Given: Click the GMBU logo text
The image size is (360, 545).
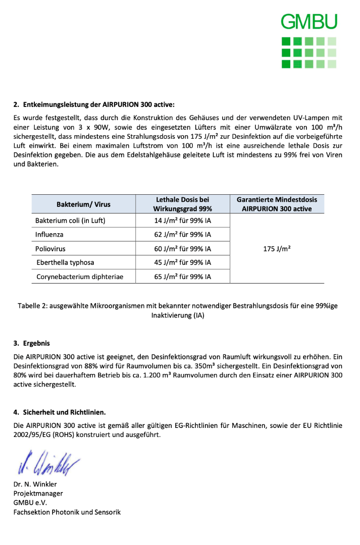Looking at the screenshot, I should pos(308,22).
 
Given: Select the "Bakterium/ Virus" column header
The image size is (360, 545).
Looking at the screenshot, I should pos(83,204).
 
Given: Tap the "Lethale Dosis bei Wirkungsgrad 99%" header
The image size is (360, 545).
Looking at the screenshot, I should pos(182,204).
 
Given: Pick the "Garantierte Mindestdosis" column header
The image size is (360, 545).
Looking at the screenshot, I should pos(277,204).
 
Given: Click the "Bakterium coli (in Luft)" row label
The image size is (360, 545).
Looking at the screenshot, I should pos(70,221).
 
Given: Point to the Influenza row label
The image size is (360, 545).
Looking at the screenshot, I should pos(49,235).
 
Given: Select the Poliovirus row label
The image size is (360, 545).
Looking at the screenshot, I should pos(50,249).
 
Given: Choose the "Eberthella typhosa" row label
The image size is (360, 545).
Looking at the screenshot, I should pos(65,262).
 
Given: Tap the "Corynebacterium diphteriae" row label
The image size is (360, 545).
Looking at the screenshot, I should pos(80,277).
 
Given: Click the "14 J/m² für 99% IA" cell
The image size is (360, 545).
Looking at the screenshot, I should pos(182,221).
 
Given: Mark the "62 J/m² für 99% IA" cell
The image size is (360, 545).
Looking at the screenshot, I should pos(182,235).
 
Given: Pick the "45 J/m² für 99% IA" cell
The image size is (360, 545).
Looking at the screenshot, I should pos(182,262).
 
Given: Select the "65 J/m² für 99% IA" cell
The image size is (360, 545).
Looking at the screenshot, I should pos(182,277).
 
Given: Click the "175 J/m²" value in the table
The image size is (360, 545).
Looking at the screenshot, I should pos(277,249).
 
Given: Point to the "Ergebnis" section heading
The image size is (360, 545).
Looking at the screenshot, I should pos(36,343).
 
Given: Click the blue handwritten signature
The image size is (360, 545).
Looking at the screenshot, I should pos(48,462).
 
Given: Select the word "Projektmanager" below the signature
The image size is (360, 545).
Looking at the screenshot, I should pos(38,494).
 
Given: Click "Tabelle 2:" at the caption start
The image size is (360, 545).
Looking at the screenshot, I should pos(32,306).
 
